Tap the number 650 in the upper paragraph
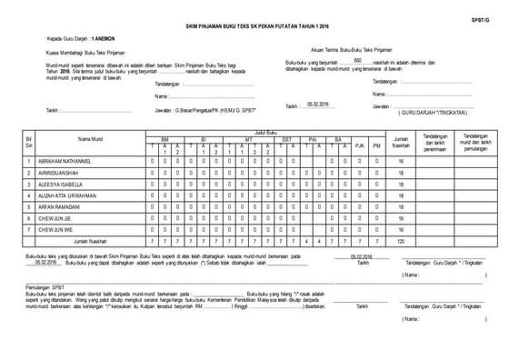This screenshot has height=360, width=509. tap(357, 58)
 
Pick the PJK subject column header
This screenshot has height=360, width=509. tap(359, 145)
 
